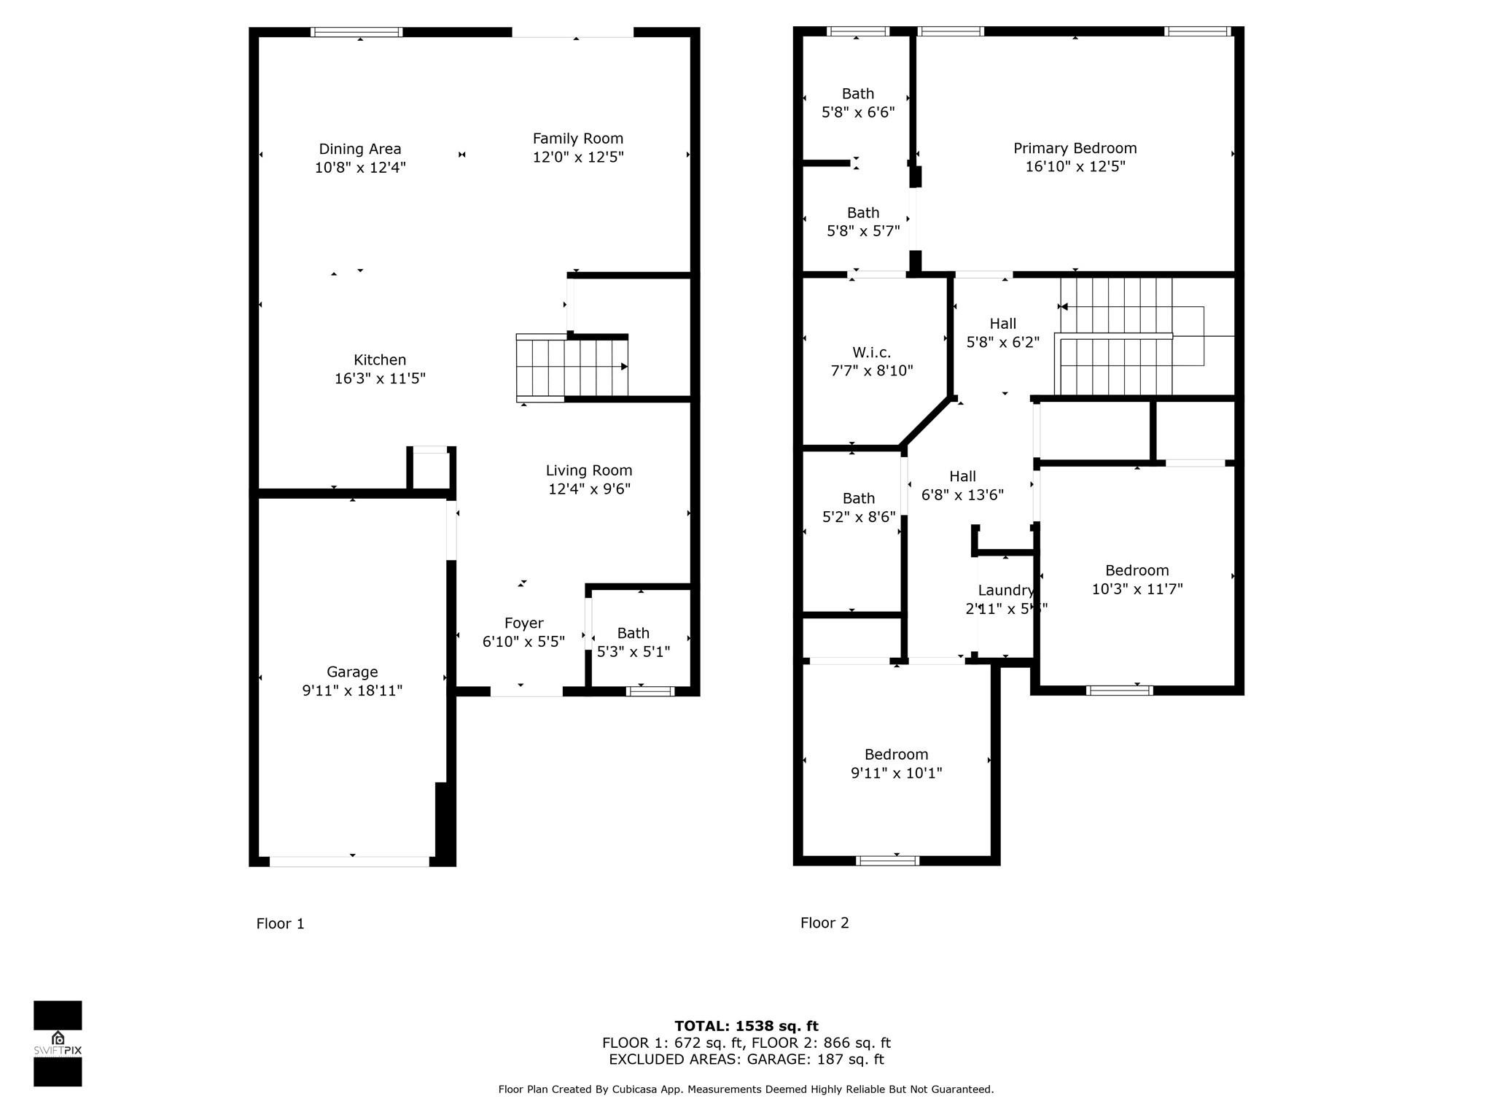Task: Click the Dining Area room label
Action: pyautogui.click(x=359, y=149)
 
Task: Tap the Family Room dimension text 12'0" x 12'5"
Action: pyautogui.click(x=577, y=157)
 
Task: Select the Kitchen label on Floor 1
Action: pyautogui.click(x=379, y=359)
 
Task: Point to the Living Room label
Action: pyautogui.click(x=588, y=470)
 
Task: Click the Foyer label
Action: pyautogui.click(x=523, y=623)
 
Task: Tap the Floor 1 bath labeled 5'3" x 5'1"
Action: pyautogui.click(x=633, y=642)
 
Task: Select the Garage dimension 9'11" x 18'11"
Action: pyautogui.click(x=352, y=691)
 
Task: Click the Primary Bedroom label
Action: pyautogui.click(x=1075, y=148)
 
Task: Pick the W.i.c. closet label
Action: pyautogui.click(x=871, y=352)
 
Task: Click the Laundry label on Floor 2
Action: pyautogui.click(x=1005, y=590)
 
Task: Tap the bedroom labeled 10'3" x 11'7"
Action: pyautogui.click(x=1137, y=580)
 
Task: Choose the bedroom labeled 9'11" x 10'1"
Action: pyautogui.click(x=896, y=763)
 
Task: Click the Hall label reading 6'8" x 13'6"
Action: pyautogui.click(x=962, y=486)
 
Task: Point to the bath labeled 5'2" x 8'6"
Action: pyautogui.click(x=858, y=507)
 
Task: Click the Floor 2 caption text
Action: pyautogui.click(x=824, y=922)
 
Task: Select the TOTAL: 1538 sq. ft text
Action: pyautogui.click(x=746, y=1026)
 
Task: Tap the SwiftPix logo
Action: pyautogui.click(x=58, y=1043)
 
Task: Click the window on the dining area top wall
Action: pyautogui.click(x=356, y=32)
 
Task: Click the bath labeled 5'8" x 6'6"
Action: pyautogui.click(x=857, y=103)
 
